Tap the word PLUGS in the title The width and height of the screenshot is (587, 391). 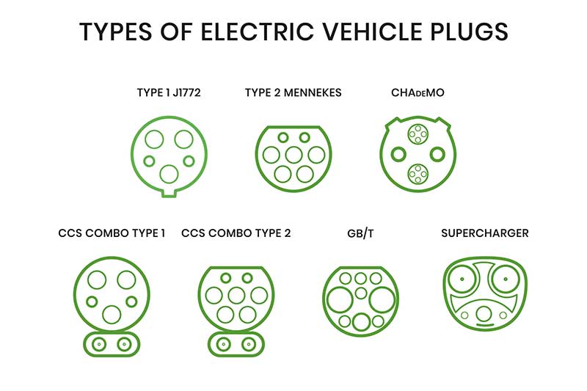[x=469, y=32]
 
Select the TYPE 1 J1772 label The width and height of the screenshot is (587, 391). [x=169, y=92]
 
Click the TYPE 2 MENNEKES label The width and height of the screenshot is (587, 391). [x=293, y=92]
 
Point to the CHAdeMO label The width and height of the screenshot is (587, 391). [x=418, y=92]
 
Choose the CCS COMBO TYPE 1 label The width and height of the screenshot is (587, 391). [x=112, y=233]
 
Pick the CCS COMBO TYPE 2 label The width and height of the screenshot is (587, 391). [x=236, y=233]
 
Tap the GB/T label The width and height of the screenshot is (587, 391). [x=360, y=233]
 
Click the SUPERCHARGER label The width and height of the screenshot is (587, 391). [x=485, y=233]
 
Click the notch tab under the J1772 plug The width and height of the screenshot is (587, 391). [x=169, y=193]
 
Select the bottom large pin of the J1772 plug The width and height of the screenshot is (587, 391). [x=169, y=174]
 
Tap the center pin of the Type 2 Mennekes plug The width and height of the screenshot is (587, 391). [x=293, y=156]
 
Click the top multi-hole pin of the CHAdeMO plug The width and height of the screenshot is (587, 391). [x=418, y=134]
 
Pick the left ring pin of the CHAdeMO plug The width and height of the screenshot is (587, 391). [x=398, y=154]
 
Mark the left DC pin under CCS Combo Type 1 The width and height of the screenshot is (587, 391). [x=99, y=344]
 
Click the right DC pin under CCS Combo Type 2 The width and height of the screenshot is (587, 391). [x=248, y=344]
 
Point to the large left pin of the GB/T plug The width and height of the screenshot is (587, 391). [x=340, y=300]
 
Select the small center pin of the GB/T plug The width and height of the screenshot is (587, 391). [x=361, y=293]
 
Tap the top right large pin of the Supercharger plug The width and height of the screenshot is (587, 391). [x=506, y=279]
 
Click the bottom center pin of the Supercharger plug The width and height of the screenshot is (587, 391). [x=484, y=313]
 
